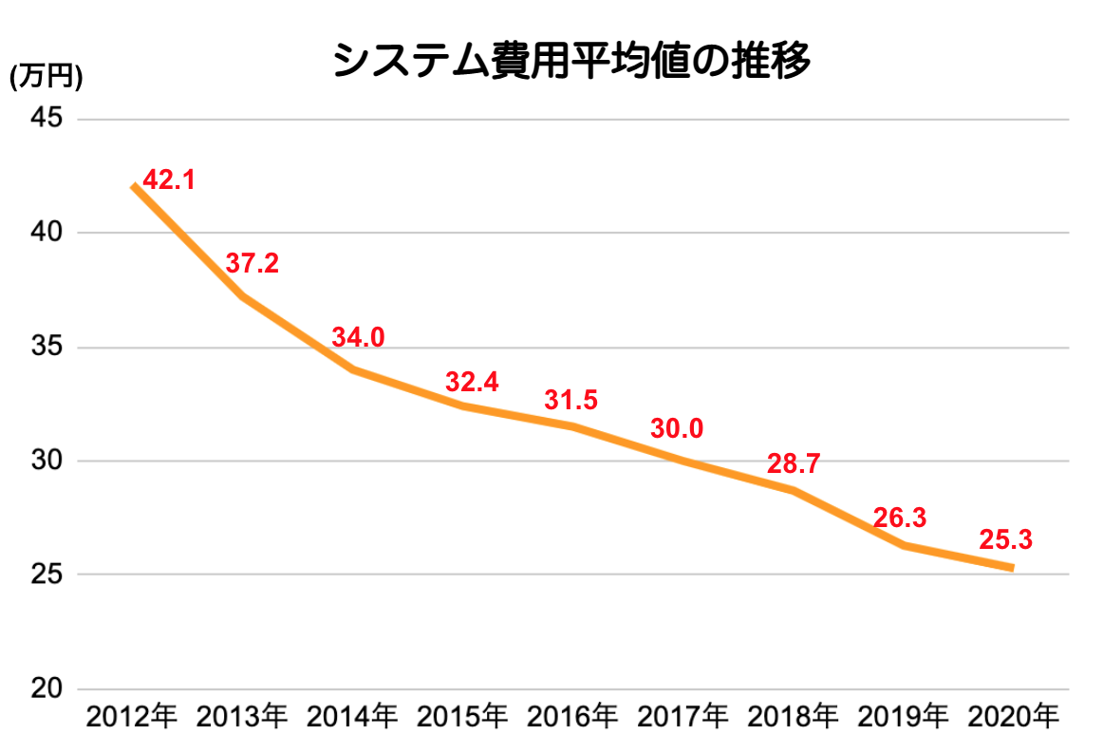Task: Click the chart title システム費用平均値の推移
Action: pyautogui.click(x=571, y=60)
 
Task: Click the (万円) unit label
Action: pyautogui.click(x=46, y=76)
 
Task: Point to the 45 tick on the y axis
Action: pyautogui.click(x=47, y=118)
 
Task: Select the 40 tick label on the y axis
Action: pyautogui.click(x=47, y=232)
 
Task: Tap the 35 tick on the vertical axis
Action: pyautogui.click(x=47, y=347)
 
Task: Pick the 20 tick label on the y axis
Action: pyautogui.click(x=47, y=688)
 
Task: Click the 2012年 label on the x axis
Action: pyautogui.click(x=132, y=717)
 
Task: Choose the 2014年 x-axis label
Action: pyautogui.click(x=352, y=717)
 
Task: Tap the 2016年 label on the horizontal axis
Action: pyautogui.click(x=571, y=717)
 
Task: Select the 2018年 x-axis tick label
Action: pyautogui.click(x=792, y=717)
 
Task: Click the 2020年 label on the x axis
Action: pyautogui.click(x=1013, y=717)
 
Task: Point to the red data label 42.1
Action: pyautogui.click(x=169, y=180)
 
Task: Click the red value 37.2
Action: pyautogui.click(x=252, y=263)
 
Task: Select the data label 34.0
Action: pyautogui.click(x=358, y=337)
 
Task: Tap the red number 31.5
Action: pyautogui.click(x=570, y=400)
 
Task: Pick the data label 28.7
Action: pyautogui.click(x=794, y=464)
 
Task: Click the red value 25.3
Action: pyautogui.click(x=1005, y=540)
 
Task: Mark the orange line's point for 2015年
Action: pyautogui.click(x=462, y=405)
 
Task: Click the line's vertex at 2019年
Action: pyautogui.click(x=903, y=545)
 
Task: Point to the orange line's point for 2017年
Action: pyautogui.click(x=682, y=461)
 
